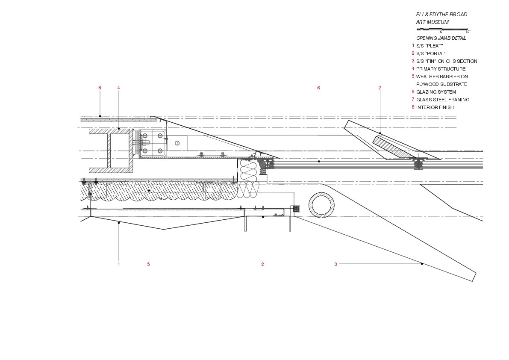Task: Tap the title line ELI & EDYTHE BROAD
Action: (x=441, y=15)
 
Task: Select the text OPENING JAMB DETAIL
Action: (x=441, y=38)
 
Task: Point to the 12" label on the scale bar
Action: (x=468, y=32)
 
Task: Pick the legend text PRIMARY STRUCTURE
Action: (x=441, y=69)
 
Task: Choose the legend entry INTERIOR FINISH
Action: (x=435, y=107)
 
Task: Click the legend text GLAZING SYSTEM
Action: (x=436, y=92)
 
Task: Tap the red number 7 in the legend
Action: (x=413, y=99)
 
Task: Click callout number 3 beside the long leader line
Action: (x=335, y=264)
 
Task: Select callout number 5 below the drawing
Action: (x=148, y=264)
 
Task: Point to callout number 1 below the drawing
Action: (x=118, y=264)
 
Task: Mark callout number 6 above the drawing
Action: (x=318, y=88)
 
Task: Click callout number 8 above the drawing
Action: (x=100, y=88)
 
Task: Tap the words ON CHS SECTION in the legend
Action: (x=457, y=61)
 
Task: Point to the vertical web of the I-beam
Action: (x=109, y=151)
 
